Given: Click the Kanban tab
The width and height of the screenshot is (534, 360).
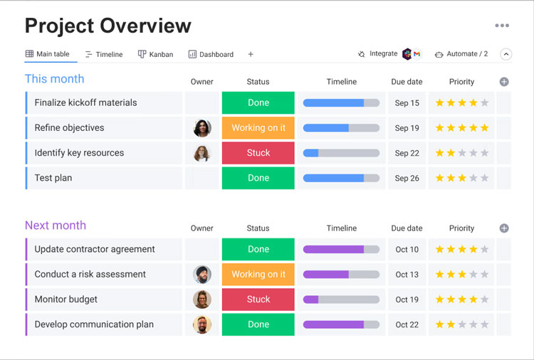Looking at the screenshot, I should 155,54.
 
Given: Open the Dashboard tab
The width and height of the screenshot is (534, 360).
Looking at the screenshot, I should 211,54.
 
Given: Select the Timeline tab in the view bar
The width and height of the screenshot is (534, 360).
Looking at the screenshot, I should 104,54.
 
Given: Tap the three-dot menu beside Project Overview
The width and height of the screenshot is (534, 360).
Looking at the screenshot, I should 502,26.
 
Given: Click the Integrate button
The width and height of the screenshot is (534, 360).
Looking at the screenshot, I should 377,54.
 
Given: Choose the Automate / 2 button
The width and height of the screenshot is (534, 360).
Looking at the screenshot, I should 461,54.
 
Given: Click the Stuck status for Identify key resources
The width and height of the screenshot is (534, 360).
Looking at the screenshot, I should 258,153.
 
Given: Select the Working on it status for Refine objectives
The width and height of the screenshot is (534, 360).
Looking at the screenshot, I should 258,128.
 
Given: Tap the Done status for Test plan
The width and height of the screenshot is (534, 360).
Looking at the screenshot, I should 258,178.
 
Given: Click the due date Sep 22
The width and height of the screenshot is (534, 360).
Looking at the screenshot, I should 407,153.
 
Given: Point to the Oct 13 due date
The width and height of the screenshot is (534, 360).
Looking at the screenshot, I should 407,275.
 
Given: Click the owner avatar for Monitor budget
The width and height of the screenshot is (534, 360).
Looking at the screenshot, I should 202,300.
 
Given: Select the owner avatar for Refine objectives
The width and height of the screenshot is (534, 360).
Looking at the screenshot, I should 202,128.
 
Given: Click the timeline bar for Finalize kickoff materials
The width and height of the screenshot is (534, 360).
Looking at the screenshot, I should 341,103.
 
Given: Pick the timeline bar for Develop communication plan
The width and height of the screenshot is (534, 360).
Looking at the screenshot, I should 341,324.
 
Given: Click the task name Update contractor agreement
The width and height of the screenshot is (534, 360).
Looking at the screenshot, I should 95,250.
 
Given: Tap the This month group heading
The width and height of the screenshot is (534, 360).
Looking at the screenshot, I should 54,79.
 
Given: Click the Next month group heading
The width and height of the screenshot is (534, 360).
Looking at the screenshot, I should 56,226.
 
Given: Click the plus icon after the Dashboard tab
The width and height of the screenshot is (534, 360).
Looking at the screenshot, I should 251,54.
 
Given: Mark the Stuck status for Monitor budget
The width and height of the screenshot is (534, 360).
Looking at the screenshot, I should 258,300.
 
